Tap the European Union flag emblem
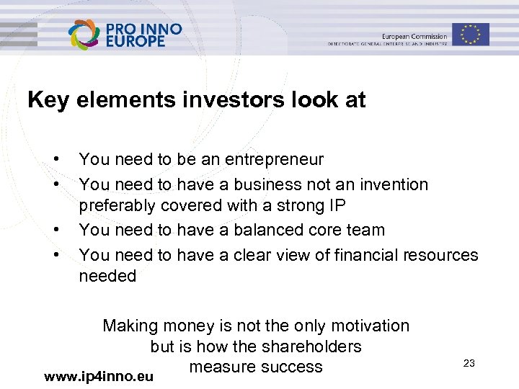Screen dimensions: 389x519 (471, 34)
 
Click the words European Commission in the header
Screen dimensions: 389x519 (414, 37)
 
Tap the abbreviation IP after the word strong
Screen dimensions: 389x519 (337, 205)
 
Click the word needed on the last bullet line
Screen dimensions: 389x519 (107, 276)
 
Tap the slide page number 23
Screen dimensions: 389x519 (469, 363)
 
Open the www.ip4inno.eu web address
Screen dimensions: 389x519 (99, 376)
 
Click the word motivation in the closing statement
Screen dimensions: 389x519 (369, 326)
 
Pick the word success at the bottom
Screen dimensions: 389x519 (292, 367)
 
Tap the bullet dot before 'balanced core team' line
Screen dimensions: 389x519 (55, 230)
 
